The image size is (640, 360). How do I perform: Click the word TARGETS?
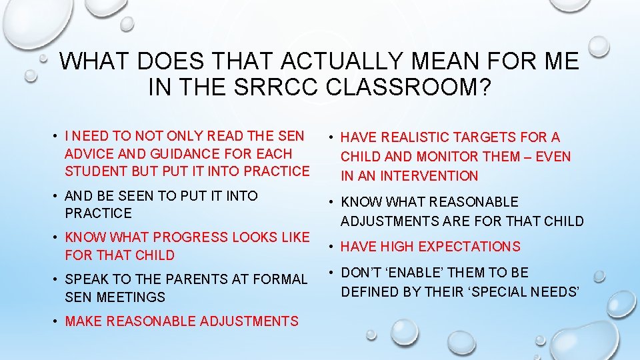(x=485, y=138)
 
